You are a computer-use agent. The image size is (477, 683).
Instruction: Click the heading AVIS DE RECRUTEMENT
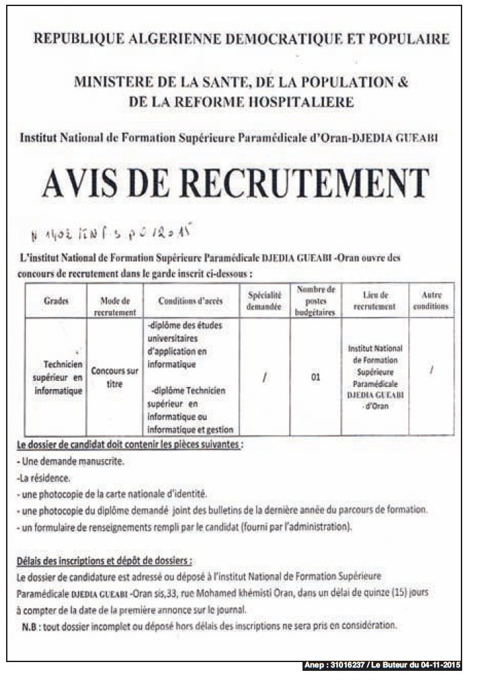[235, 183]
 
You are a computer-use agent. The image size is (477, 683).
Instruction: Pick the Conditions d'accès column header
[191, 301]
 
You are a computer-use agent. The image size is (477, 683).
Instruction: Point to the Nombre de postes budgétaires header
[315, 301]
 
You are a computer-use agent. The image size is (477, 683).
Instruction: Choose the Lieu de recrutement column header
[375, 301]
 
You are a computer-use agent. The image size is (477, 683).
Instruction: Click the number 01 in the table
[315, 378]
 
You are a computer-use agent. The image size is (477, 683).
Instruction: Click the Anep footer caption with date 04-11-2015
[381, 665]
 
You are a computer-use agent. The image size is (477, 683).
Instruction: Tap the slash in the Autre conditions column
[431, 370]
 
